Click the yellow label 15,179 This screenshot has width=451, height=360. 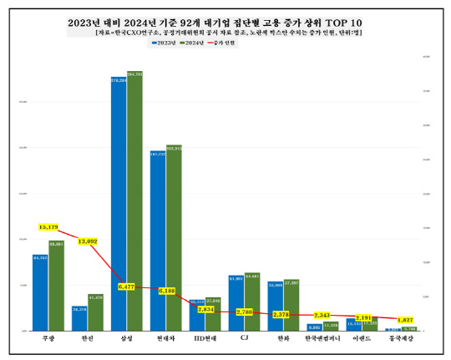point(48,226)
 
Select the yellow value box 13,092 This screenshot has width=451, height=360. point(88,241)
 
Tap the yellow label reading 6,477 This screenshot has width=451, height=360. point(127,286)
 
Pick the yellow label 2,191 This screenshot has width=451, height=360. point(365,317)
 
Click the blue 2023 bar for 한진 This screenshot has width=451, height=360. point(79,318)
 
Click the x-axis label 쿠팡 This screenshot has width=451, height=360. point(48,338)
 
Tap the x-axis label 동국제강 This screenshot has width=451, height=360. point(403,338)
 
